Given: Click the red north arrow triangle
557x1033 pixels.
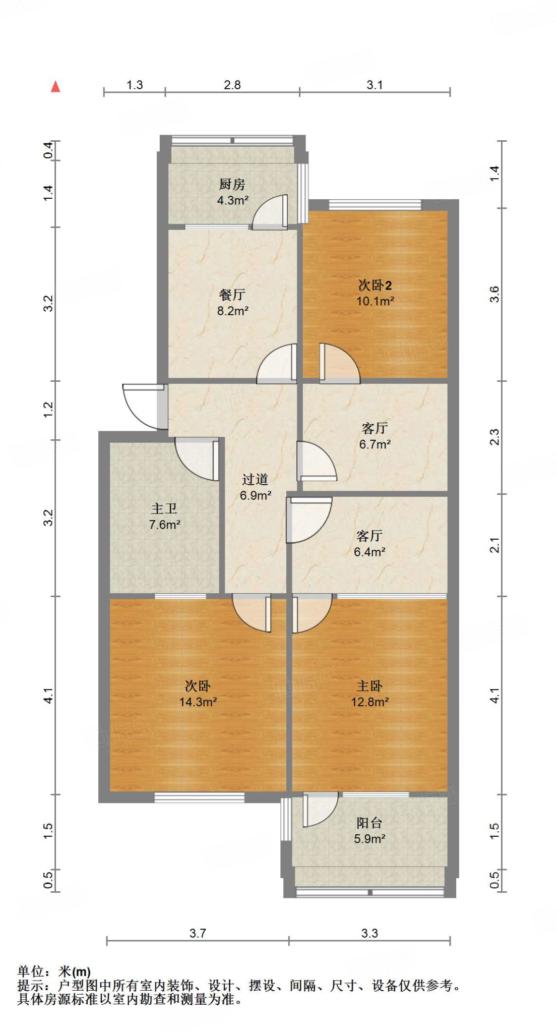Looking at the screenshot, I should coord(55,87).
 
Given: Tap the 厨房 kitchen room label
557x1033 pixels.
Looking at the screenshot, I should coord(232,185).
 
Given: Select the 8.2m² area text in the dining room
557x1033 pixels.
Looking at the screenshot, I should coord(232,311).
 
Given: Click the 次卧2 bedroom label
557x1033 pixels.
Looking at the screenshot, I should coord(375,285).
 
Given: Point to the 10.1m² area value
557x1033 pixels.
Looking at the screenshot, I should coord(375,302).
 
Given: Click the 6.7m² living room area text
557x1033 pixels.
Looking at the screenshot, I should coord(375,444).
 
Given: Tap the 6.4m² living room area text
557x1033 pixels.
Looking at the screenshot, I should coord(369,552).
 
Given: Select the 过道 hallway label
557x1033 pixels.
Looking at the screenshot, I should coord(255,479).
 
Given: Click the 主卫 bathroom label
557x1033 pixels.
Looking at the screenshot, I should coord(164,508).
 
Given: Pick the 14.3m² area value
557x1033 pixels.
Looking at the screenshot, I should coord(198,702).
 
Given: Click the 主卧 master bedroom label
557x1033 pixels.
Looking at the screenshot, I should coord(369,686).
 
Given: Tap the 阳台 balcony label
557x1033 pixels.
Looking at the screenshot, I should coord(369,823).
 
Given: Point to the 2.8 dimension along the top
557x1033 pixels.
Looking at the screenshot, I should coord(232,85).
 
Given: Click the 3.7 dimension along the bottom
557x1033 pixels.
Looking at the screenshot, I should coord(198,933).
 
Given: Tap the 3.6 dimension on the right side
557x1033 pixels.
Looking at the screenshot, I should coord(494,294).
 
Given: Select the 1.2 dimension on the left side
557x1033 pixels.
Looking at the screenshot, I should coord(48,409).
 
